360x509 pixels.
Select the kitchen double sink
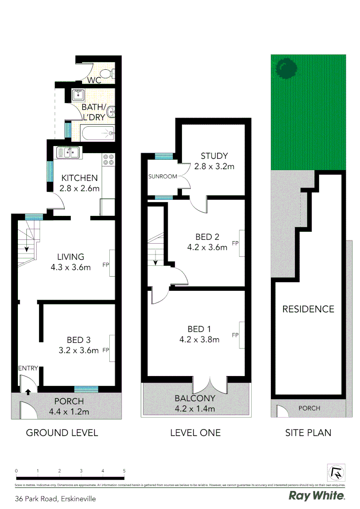(69, 152)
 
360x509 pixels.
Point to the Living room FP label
(106, 265)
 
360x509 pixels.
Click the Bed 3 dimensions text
(79, 350)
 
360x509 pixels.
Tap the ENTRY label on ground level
(28, 368)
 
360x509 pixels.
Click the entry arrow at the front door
(28, 391)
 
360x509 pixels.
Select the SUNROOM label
(163, 177)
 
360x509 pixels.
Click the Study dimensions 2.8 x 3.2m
(214, 166)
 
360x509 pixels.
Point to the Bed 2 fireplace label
(234, 244)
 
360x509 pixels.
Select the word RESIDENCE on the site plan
(308, 309)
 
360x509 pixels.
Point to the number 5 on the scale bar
(124, 471)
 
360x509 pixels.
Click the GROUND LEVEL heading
(62, 432)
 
